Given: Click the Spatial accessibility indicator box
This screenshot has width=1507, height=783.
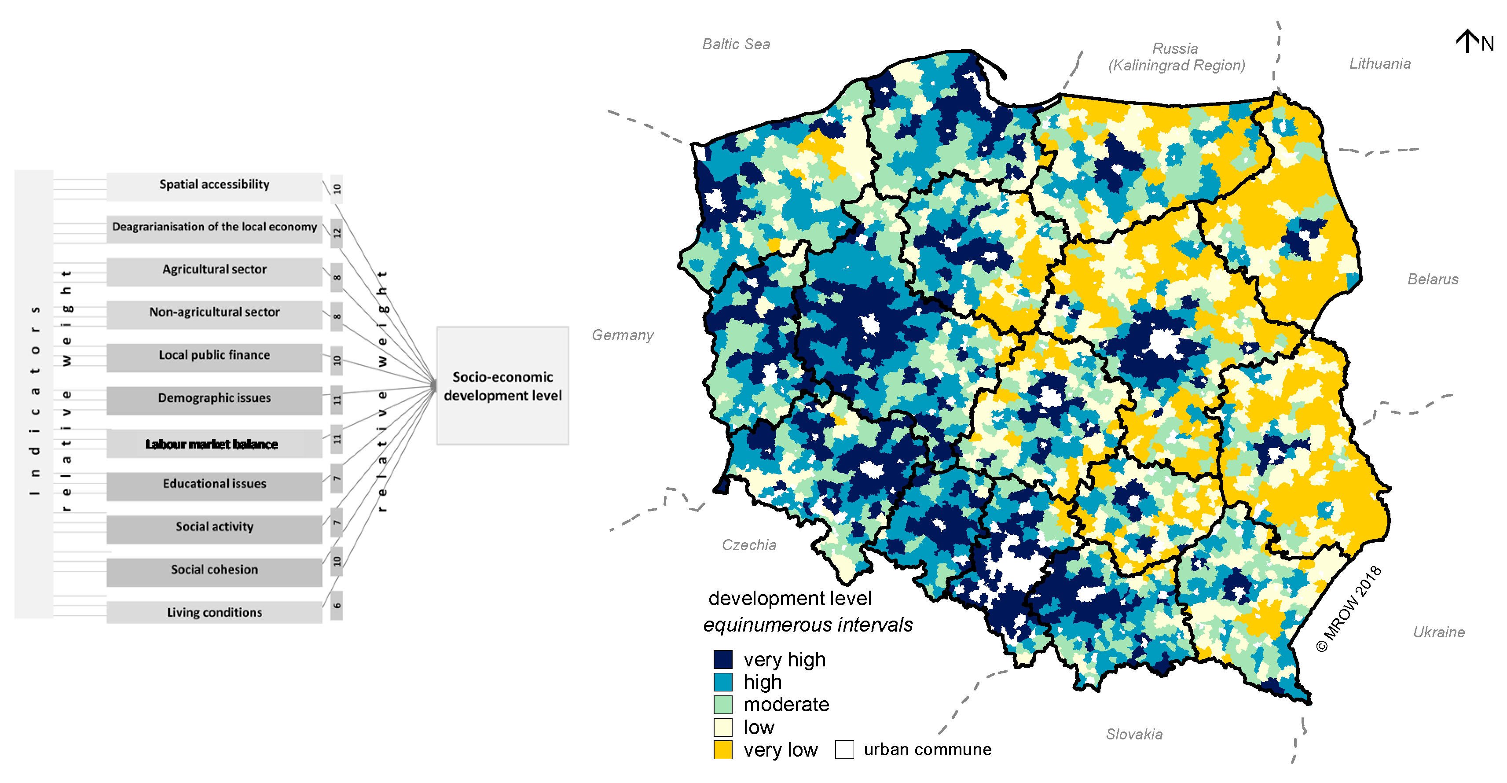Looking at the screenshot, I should coord(214,185).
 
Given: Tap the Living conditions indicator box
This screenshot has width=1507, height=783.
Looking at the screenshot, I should coord(214,613).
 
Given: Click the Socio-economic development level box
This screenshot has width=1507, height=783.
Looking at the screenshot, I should coord(502,386).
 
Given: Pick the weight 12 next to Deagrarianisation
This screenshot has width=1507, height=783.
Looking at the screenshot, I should coord(337,233).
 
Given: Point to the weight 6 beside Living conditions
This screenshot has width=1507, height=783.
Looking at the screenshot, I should coord(337,606).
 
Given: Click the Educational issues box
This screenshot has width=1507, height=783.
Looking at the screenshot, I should coord(214,485).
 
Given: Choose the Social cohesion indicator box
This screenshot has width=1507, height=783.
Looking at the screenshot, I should coord(214,570).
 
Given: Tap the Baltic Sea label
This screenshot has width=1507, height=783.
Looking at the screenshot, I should coord(736,44).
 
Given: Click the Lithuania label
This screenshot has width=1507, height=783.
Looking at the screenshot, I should coord(1379,64).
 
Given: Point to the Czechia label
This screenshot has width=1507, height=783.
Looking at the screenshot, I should coord(749,545).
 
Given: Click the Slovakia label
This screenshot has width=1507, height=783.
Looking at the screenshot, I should coord(1134,735).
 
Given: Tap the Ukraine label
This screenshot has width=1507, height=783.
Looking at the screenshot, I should coord(1438,632).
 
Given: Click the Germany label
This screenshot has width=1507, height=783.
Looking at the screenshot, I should coord(623,335).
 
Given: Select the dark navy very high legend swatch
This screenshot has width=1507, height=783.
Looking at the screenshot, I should coord(723,659).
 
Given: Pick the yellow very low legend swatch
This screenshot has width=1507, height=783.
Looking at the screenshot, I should coord(723,750).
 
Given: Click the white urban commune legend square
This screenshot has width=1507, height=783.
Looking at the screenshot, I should coord(844,750).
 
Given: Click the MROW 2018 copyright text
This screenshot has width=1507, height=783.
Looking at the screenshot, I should coord(1349,609).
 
